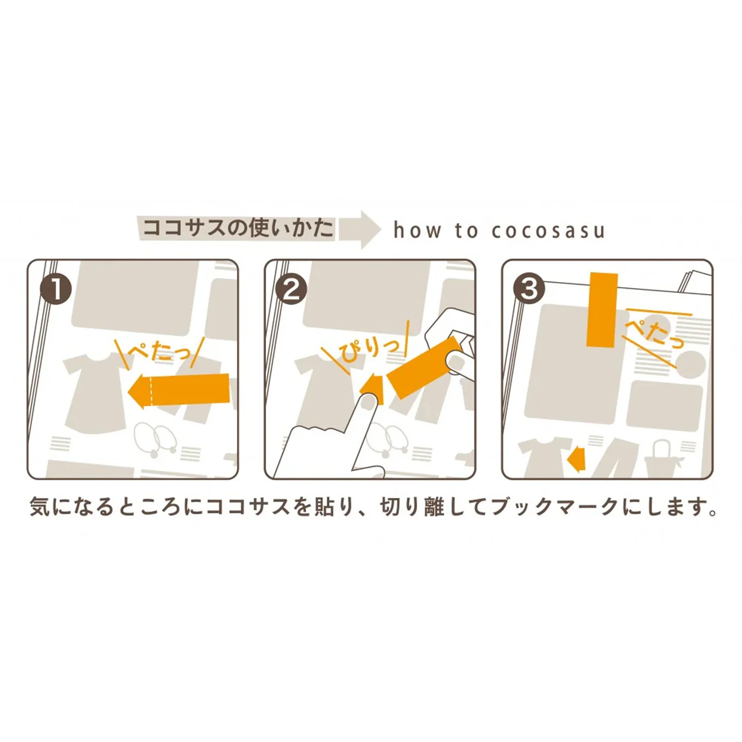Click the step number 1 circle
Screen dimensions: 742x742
[x=56, y=289]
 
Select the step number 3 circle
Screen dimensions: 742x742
[x=529, y=289]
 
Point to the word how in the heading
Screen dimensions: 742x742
[x=417, y=230]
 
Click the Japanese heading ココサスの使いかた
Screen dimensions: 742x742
[x=238, y=228]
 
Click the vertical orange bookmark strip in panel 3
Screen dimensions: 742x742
[x=602, y=309]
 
